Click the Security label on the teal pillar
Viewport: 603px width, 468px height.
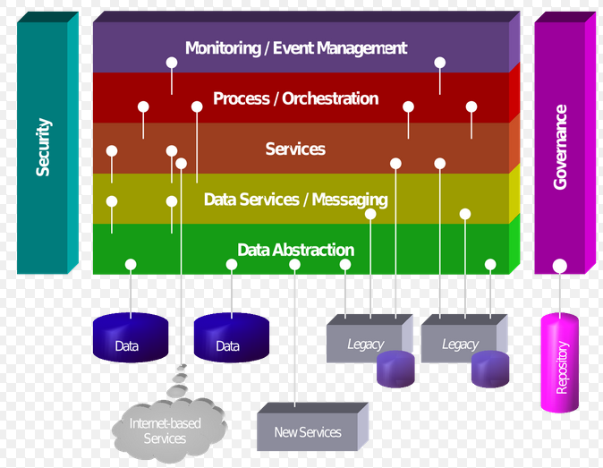[43, 148]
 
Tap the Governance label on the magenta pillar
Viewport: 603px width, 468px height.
[560, 147]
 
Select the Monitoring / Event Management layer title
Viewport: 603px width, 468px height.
[296, 48]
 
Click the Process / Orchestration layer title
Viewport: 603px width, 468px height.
[296, 98]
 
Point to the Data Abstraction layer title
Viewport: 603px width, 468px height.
[296, 250]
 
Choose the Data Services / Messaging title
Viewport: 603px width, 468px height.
[296, 200]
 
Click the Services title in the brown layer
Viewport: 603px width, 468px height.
[295, 149]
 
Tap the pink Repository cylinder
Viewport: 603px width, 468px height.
[559, 362]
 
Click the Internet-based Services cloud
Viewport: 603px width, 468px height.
[168, 430]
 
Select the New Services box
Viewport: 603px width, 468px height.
[312, 427]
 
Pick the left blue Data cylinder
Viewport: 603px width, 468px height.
[131, 337]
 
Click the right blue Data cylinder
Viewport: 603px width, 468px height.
[232, 337]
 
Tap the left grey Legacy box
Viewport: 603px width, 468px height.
[365, 338]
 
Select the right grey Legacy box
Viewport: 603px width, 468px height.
[461, 338]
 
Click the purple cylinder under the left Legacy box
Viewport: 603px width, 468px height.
[395, 369]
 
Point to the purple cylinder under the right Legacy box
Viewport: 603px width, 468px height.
[490, 369]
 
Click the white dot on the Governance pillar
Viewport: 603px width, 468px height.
[559, 266]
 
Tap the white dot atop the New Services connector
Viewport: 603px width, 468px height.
[294, 265]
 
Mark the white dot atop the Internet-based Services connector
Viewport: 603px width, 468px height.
[181, 164]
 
